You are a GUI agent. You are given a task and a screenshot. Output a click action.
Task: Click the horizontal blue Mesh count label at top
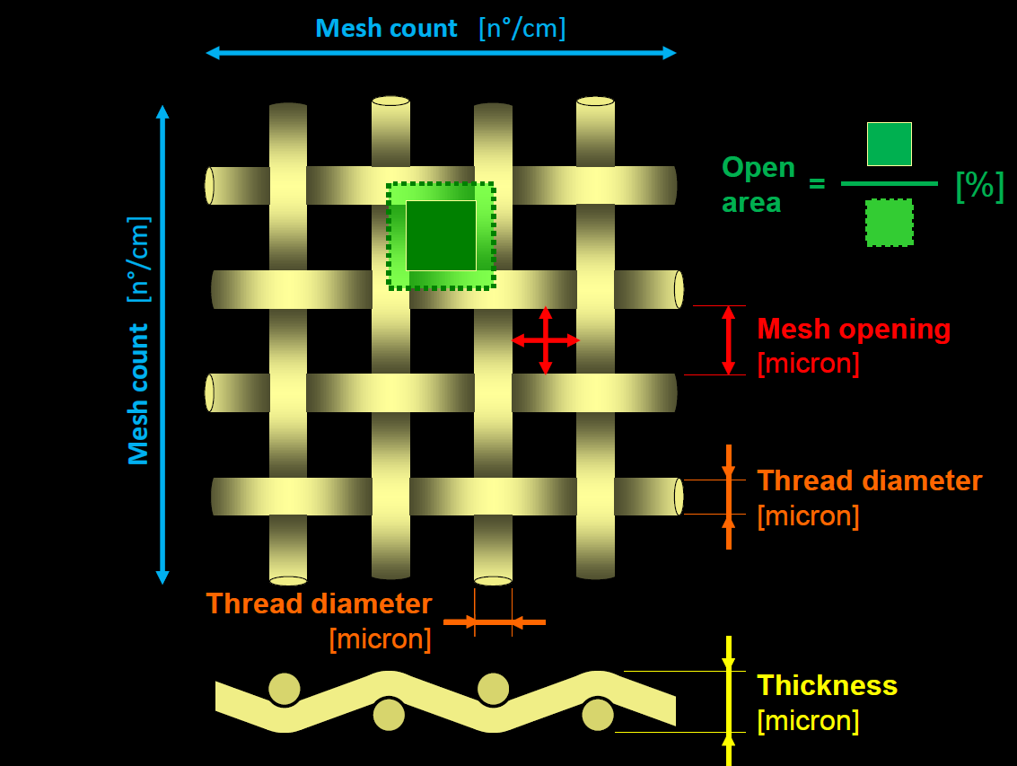pos(386,28)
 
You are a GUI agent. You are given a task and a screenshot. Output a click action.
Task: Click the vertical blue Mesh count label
pos(138,395)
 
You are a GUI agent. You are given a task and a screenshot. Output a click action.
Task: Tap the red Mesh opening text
pos(854,329)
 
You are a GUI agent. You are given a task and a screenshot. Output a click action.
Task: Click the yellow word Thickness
pos(827,685)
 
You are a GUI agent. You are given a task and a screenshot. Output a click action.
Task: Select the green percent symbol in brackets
pos(979,185)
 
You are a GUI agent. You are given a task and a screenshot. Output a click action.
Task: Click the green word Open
pos(758,168)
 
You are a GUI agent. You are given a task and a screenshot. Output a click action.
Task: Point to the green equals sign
pos(817,184)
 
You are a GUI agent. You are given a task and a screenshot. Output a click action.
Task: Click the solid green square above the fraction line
pos(889,144)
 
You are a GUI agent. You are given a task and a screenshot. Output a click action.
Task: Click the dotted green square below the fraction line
pos(889,222)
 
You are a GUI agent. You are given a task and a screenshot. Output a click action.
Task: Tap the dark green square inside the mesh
pos(441,235)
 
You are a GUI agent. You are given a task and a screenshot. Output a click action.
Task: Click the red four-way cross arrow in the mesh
pos(546,340)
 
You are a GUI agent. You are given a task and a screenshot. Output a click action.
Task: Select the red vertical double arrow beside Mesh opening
pos(728,340)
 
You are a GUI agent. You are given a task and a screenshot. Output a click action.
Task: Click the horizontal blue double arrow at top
pos(441,53)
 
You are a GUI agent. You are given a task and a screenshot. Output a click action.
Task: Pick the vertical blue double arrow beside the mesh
pos(162,345)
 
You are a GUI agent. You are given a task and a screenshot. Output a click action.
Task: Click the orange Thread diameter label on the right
pos(869,480)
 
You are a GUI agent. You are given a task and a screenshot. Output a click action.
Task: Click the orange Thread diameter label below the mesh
pos(319,603)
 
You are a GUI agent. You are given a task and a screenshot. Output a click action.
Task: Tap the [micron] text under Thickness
pos(808,720)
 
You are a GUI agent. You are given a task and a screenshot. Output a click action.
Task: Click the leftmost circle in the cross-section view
pos(285,689)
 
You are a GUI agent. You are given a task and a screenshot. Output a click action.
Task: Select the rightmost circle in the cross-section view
pos(597,715)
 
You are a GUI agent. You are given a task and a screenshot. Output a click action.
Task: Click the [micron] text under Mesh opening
pos(808,364)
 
